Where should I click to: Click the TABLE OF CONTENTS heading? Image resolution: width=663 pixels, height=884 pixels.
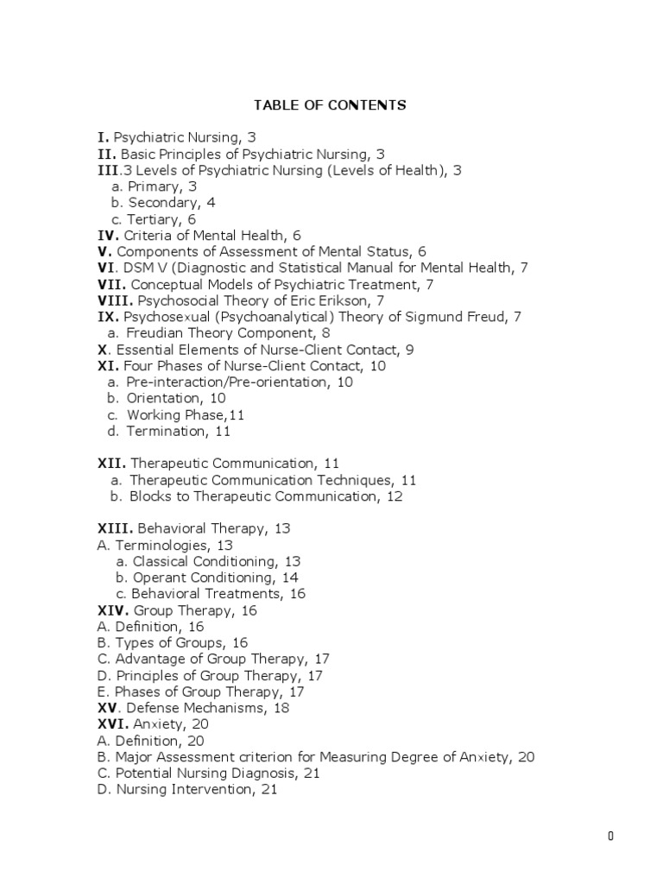click(x=330, y=105)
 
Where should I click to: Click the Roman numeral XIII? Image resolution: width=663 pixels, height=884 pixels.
click(x=114, y=528)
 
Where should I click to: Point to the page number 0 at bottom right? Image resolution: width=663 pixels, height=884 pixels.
click(x=610, y=836)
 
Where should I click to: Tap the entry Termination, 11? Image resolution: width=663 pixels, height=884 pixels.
click(x=178, y=431)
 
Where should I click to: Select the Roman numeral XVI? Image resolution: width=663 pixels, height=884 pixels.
click(x=112, y=724)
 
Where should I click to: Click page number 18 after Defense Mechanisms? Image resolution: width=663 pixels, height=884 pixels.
click(x=281, y=708)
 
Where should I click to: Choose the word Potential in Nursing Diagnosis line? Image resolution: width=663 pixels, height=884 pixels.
click(x=139, y=773)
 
